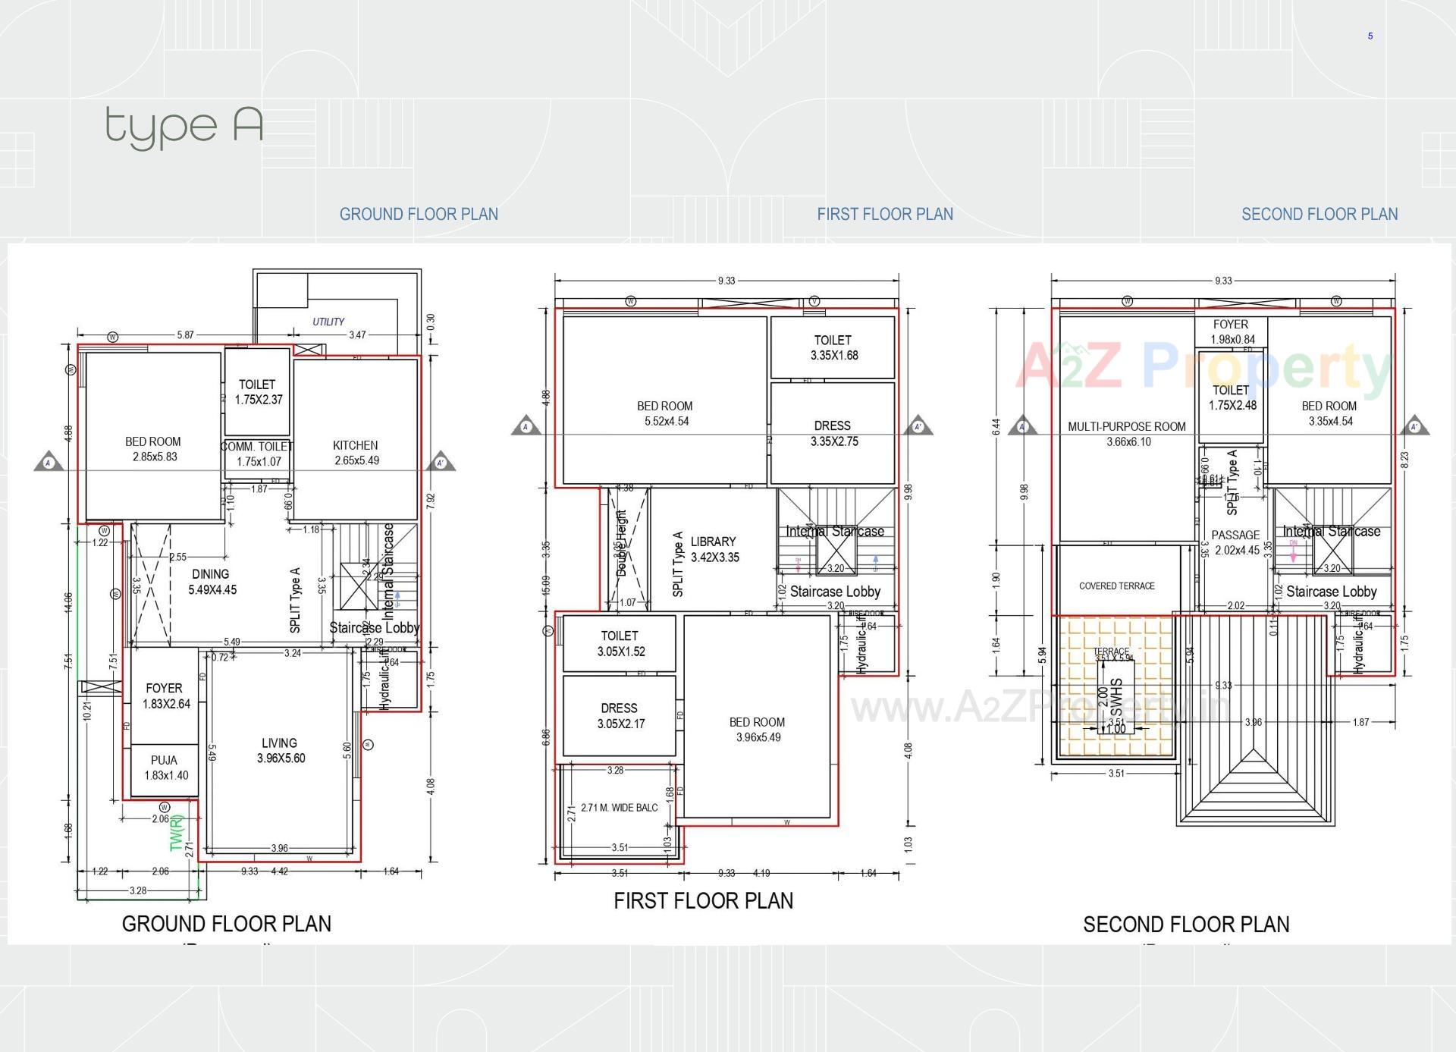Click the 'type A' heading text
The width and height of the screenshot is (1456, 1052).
click(x=184, y=126)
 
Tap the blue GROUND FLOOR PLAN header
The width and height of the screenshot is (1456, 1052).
click(x=419, y=215)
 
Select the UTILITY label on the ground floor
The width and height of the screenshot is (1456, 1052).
click(x=328, y=322)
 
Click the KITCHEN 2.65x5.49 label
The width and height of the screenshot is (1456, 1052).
click(x=356, y=453)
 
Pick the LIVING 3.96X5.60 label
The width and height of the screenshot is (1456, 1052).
click(x=280, y=750)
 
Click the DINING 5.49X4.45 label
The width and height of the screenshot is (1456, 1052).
click(x=212, y=582)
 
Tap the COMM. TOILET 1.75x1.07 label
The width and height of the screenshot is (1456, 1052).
click(x=257, y=454)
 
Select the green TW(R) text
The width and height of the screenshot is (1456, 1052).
click(x=177, y=833)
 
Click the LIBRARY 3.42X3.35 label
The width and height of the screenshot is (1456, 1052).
click(x=714, y=549)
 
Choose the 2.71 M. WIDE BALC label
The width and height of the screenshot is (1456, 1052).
click(x=619, y=808)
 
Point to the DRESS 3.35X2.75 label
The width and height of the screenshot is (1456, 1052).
click(x=833, y=433)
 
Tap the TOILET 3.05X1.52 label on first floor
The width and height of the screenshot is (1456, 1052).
click(x=620, y=643)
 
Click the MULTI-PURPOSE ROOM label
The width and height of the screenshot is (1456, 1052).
click(x=1127, y=434)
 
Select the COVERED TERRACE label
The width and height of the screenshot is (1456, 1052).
click(x=1117, y=586)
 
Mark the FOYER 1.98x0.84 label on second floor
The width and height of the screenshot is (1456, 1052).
click(x=1232, y=331)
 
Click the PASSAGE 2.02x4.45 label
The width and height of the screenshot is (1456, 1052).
click(x=1236, y=542)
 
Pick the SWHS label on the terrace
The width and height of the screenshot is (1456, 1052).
click(x=1116, y=698)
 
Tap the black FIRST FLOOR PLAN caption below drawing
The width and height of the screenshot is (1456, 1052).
click(x=703, y=901)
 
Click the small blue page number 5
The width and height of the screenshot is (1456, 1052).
click(x=1370, y=36)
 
